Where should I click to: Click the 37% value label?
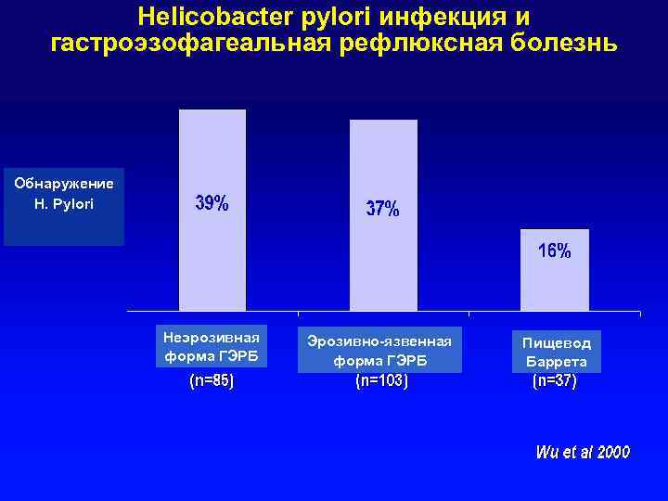click(382, 210)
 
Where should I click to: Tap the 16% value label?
click(555, 251)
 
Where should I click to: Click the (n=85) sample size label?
click(212, 380)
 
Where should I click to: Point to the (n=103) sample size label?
click(381, 380)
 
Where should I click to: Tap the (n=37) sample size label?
click(554, 380)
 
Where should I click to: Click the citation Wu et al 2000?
click(583, 453)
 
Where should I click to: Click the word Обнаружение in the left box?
click(64, 183)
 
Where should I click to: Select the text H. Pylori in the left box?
click(63, 202)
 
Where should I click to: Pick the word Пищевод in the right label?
click(556, 342)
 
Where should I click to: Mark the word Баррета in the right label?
click(556, 362)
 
